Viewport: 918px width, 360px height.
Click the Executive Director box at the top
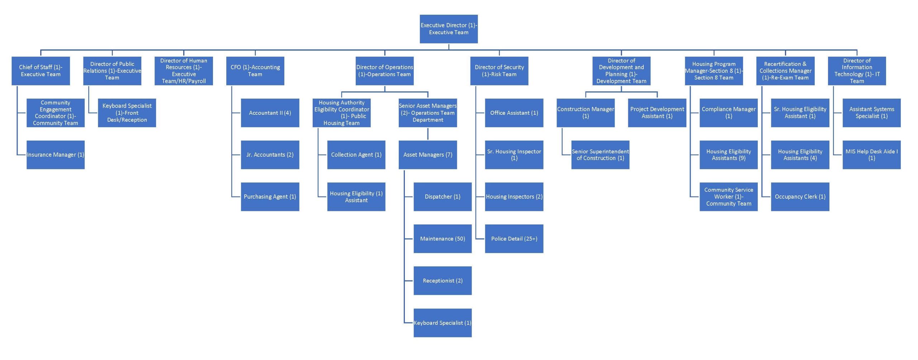[449, 29]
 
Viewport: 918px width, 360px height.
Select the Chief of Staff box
[41, 71]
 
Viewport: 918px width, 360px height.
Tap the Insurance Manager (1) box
[56, 155]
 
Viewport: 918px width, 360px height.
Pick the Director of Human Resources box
[184, 71]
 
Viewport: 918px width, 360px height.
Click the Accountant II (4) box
[270, 113]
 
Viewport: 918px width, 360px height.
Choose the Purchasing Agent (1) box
[270, 196]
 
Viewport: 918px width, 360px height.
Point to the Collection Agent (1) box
[356, 155]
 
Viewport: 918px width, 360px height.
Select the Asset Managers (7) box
[427, 155]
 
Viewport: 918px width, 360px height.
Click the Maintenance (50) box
[443, 238]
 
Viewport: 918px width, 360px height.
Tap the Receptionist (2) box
[443, 280]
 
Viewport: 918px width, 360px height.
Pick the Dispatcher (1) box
[443, 196]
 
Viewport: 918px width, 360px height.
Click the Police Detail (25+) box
[514, 238]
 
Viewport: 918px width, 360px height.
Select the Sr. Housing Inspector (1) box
[514, 155]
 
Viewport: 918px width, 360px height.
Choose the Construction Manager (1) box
[585, 113]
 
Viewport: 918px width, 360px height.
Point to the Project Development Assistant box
[657, 113]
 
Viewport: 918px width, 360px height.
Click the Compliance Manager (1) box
[728, 113]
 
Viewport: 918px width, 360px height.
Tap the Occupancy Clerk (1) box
[800, 196]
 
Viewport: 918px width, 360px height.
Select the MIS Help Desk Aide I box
[871, 155]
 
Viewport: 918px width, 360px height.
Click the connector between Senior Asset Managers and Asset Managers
[427, 134]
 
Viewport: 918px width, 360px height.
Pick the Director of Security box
[499, 71]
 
